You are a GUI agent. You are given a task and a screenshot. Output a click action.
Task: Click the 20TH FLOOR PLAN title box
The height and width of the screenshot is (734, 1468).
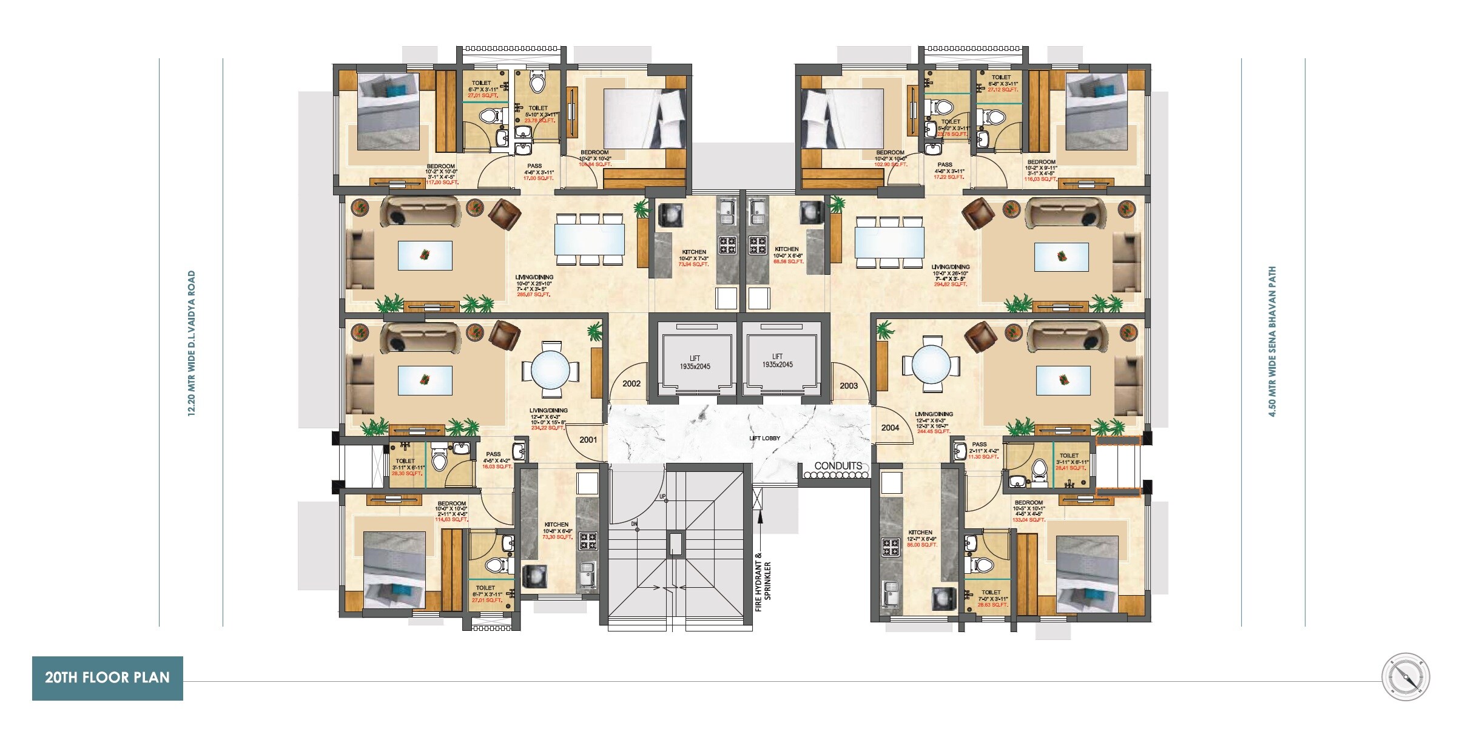[x=107, y=678]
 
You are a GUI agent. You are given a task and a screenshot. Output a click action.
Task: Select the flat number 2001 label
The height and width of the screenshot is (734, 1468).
[x=588, y=440]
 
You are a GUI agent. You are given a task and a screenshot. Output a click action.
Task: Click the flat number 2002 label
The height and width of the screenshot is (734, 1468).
[x=631, y=383]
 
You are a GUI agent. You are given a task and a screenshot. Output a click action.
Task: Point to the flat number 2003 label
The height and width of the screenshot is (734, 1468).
[x=849, y=386]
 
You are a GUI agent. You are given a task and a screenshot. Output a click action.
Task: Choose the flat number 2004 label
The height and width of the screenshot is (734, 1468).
[x=890, y=428]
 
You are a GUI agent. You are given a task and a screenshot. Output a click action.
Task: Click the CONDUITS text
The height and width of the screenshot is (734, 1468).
[x=838, y=466]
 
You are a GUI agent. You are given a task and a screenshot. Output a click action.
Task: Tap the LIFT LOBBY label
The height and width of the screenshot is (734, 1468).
[x=764, y=438]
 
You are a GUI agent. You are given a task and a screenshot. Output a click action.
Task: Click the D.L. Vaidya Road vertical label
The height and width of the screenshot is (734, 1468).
[x=192, y=343]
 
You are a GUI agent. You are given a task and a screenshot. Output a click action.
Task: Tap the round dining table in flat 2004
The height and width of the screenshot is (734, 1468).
[x=931, y=366]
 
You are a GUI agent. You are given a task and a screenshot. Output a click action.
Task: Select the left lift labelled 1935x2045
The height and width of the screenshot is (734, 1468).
[x=695, y=363]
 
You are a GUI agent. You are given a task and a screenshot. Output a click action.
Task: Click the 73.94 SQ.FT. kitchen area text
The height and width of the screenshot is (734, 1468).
[x=693, y=264]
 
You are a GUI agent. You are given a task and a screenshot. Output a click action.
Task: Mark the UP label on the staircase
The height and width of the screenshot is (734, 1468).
[x=662, y=497]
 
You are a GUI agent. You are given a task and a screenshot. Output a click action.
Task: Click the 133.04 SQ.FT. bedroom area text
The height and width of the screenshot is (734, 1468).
[x=1029, y=520]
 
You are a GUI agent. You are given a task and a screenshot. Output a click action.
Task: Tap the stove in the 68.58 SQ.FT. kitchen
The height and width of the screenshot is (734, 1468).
[x=757, y=245]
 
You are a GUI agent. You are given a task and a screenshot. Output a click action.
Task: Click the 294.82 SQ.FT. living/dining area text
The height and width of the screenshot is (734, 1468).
[x=951, y=284]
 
